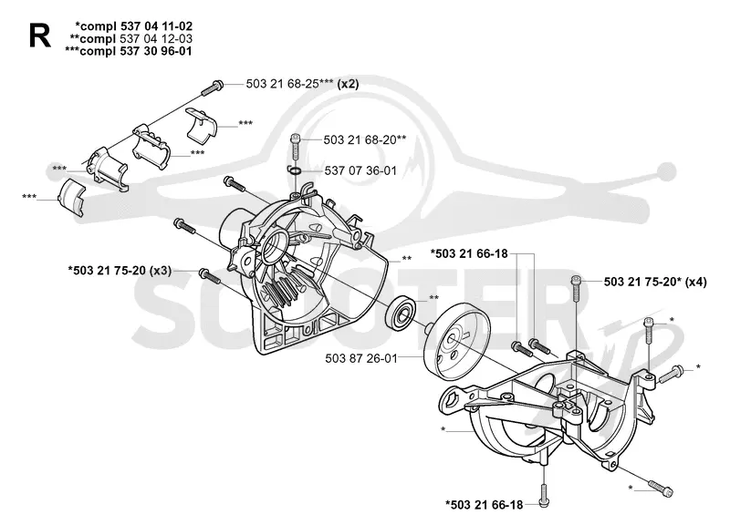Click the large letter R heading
(39, 36)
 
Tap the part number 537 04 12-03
(156, 38)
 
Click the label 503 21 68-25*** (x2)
(302, 84)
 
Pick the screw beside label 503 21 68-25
(213, 87)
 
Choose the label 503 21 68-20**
(364, 139)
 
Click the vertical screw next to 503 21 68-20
(295, 147)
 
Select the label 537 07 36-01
(360, 170)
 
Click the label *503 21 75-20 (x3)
(120, 270)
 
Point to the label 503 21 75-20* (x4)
(655, 282)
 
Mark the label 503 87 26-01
(361, 358)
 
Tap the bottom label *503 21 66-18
(485, 505)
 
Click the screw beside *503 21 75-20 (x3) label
(210, 276)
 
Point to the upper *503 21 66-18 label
(469, 254)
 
